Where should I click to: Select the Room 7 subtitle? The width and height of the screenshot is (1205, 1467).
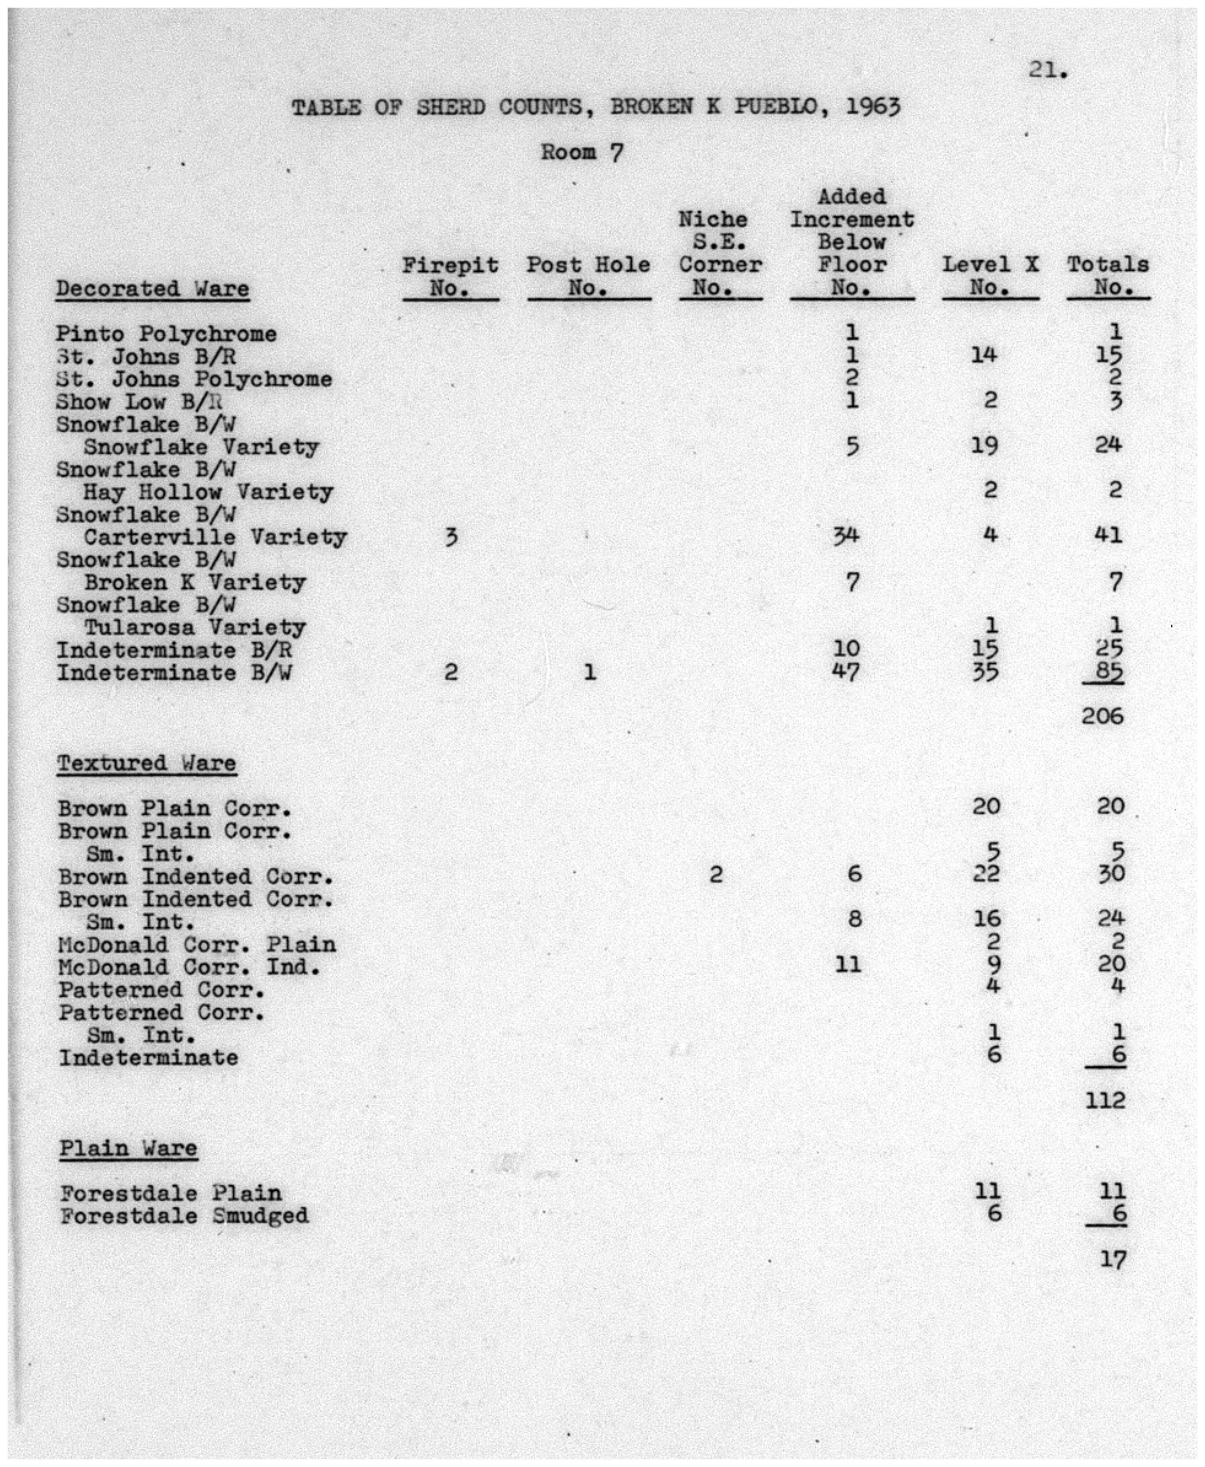[582, 152]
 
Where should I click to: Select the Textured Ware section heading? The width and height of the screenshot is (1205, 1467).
[147, 763]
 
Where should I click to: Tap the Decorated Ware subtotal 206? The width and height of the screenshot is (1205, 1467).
[1102, 716]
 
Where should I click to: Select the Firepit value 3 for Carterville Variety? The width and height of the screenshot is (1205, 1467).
[451, 537]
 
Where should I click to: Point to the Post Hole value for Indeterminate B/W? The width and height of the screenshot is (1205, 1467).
[589, 672]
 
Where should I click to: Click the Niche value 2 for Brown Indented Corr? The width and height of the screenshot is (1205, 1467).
[716, 875]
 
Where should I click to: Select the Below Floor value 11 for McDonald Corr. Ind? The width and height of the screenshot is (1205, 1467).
[847, 964]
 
